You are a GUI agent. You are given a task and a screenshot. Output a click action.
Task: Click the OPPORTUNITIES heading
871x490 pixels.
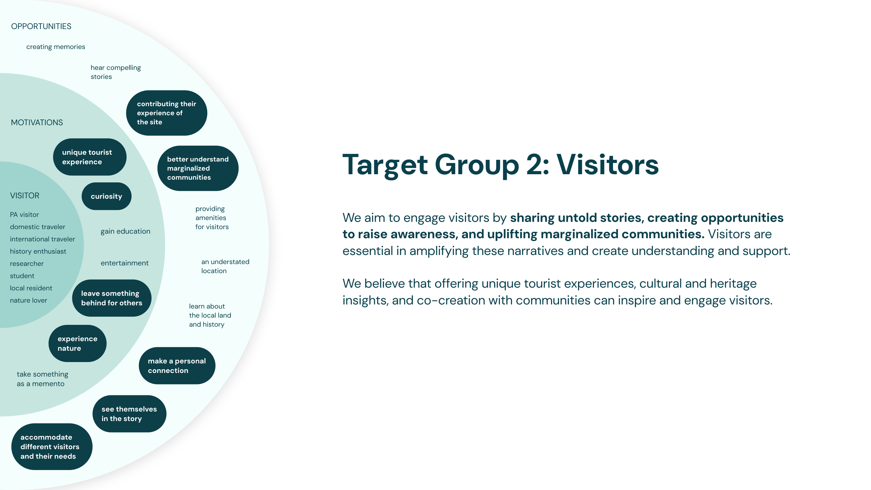click(41, 26)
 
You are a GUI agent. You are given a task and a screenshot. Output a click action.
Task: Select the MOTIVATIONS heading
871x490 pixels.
click(37, 122)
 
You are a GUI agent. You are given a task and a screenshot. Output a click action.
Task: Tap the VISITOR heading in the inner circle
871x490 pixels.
click(25, 195)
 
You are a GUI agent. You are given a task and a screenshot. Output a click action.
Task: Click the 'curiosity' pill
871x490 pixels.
click(106, 196)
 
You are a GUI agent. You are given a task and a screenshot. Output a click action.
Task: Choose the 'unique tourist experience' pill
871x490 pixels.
click(90, 157)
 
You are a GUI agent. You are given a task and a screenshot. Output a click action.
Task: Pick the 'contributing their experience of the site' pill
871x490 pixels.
click(166, 113)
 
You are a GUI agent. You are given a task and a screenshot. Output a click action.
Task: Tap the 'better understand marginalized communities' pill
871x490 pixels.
click(198, 168)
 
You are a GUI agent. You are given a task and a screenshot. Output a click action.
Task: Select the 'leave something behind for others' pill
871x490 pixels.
click(112, 298)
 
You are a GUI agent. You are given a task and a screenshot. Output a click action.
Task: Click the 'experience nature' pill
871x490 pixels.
click(77, 343)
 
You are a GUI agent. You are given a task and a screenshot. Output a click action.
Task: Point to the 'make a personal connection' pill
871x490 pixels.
click(177, 366)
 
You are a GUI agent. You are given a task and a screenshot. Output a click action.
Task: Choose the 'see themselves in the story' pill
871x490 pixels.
click(129, 413)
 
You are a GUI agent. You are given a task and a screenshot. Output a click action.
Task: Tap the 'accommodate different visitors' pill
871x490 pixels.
click(51, 446)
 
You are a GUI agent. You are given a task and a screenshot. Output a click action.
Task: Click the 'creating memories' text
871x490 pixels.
click(56, 47)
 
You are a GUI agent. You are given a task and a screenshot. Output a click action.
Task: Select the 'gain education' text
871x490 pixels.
click(126, 231)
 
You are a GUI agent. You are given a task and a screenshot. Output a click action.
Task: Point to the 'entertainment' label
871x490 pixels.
click(124, 263)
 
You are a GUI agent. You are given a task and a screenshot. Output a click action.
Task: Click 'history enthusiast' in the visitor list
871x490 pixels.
click(38, 251)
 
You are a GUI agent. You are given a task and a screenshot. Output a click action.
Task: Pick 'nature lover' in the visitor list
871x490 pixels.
click(28, 300)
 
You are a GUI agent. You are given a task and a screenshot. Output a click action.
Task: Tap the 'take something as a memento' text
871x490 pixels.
click(42, 379)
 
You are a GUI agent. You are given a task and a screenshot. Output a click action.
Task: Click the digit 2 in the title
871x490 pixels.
click(534, 165)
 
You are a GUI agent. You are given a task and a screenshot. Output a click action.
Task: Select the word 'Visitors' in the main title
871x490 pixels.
click(607, 165)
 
